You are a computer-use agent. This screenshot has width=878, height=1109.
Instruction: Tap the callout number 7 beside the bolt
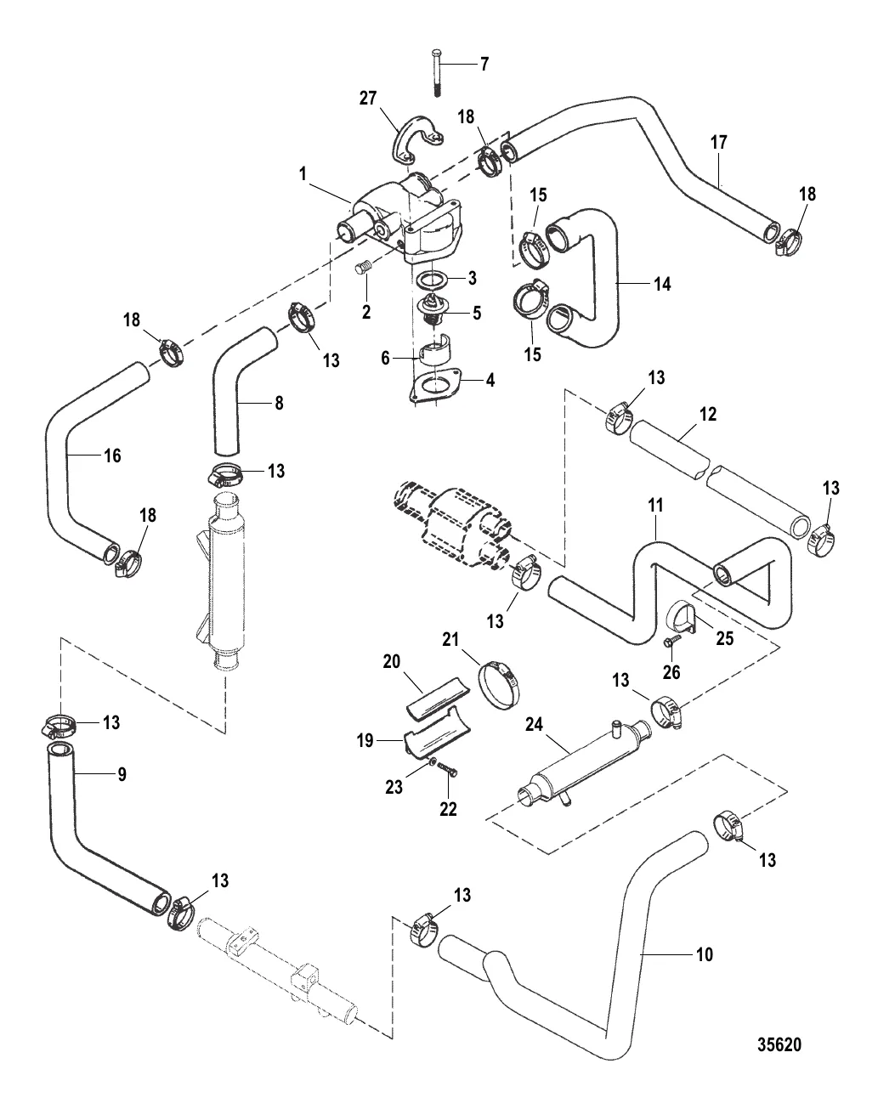[x=485, y=63]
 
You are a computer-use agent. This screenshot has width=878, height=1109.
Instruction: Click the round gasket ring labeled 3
[x=433, y=280]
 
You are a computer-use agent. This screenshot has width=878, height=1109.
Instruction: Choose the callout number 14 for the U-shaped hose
[x=662, y=284]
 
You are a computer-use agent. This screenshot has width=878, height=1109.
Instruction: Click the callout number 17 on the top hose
[x=719, y=143]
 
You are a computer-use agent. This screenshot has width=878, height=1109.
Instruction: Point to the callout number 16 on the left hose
[x=111, y=455]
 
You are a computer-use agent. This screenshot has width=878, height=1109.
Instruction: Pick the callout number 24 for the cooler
[x=533, y=726]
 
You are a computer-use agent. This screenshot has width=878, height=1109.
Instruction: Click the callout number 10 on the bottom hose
[x=705, y=954]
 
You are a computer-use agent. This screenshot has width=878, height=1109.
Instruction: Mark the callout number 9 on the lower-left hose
[x=122, y=775]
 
